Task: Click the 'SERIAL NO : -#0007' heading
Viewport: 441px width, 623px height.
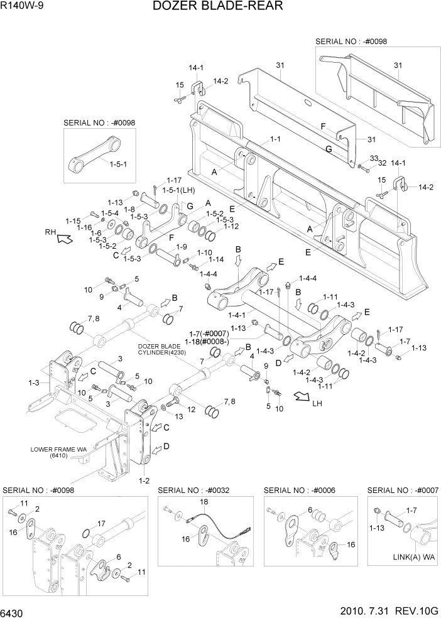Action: point(403,490)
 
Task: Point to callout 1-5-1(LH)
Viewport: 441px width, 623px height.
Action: point(178,190)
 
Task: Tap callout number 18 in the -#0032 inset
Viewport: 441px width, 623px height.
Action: point(203,502)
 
